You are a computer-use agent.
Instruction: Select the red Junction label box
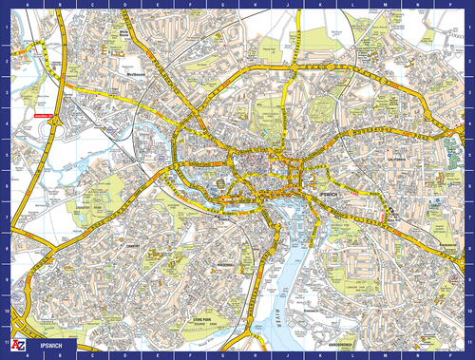[42, 118]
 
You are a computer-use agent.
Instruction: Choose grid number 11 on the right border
[470, 340]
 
